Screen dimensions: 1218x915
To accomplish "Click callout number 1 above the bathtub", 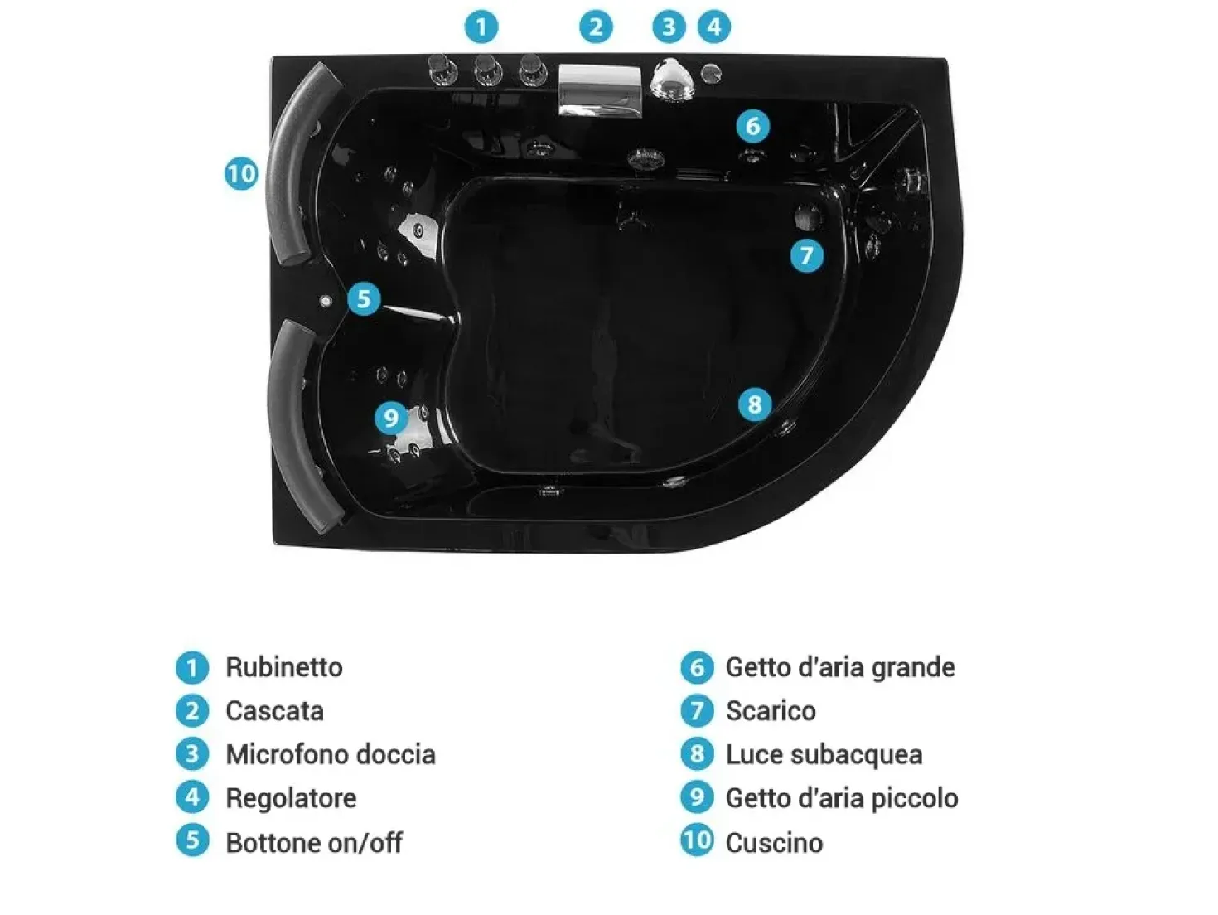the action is pyautogui.click(x=481, y=27).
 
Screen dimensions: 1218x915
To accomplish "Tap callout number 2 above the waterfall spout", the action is pyautogui.click(x=596, y=27).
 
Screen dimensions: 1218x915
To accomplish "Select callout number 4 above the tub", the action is pyautogui.click(x=714, y=27).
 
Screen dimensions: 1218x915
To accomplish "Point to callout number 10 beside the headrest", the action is pyautogui.click(x=241, y=174).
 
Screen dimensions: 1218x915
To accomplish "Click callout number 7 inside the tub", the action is pyautogui.click(x=806, y=255).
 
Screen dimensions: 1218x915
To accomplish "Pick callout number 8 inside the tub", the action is pyautogui.click(x=755, y=404).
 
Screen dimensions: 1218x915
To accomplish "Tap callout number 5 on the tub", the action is pyautogui.click(x=364, y=298).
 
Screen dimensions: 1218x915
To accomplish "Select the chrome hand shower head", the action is pyautogui.click(x=671, y=81).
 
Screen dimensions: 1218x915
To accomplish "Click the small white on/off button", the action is pyautogui.click(x=326, y=301).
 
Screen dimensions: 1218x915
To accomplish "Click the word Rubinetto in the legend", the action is pyautogui.click(x=284, y=667).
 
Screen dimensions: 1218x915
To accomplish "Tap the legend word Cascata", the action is pyautogui.click(x=275, y=711).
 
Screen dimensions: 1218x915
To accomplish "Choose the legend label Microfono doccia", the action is pyautogui.click(x=331, y=755).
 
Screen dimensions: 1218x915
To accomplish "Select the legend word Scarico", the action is pyautogui.click(x=771, y=711).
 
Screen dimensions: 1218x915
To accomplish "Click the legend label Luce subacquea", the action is pyautogui.click(x=824, y=755).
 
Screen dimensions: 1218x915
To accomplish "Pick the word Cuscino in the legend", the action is pyautogui.click(x=775, y=842).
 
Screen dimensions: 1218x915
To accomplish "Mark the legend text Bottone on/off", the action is pyautogui.click(x=314, y=842).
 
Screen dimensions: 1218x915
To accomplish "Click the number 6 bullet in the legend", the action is pyautogui.click(x=697, y=667).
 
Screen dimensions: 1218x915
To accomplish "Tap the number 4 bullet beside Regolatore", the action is pyautogui.click(x=192, y=797).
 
